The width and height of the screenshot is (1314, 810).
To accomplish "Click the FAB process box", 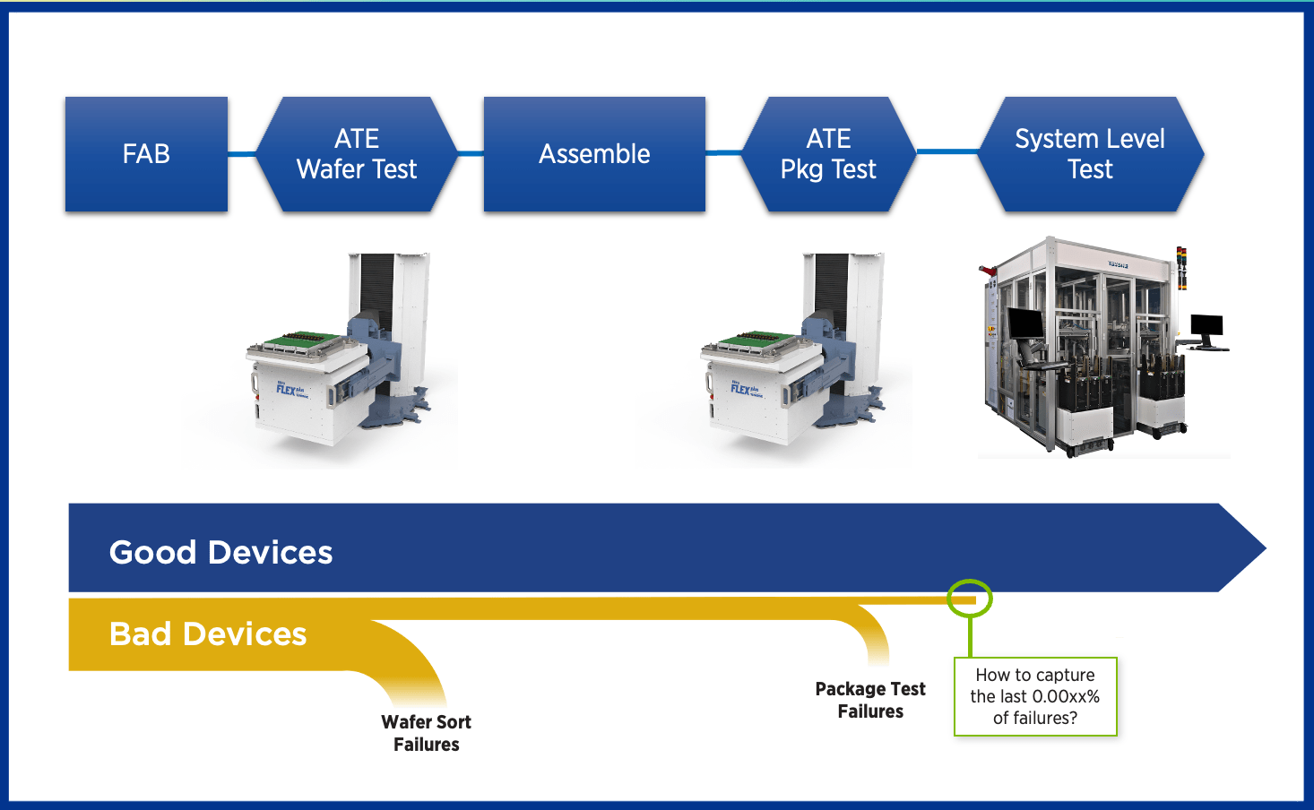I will click(146, 154).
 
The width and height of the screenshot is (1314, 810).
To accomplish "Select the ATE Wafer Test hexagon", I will click(357, 154).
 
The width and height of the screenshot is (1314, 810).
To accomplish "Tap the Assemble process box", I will click(594, 154).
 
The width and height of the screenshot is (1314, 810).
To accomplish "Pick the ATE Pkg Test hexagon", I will click(828, 154).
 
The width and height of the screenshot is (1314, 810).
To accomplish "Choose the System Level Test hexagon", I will click(1090, 154).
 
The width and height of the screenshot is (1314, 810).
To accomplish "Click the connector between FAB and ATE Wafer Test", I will click(242, 154).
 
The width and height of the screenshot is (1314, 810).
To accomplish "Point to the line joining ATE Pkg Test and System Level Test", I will click(947, 151).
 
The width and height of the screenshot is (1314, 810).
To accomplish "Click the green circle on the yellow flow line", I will click(970, 599).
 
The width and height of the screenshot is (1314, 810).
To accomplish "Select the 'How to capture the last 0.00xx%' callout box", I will click(1035, 696).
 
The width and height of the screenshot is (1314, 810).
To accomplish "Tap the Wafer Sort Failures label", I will click(426, 733).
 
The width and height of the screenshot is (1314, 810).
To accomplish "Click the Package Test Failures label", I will click(870, 700).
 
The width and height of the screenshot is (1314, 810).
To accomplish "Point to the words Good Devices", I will click(220, 552).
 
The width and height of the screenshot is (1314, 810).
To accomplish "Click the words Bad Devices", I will click(208, 634).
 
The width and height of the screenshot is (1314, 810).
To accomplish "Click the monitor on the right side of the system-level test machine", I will click(1206, 327).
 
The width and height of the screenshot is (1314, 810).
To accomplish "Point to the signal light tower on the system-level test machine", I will click(1181, 268).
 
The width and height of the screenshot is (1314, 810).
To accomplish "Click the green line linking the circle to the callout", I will click(970, 637).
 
